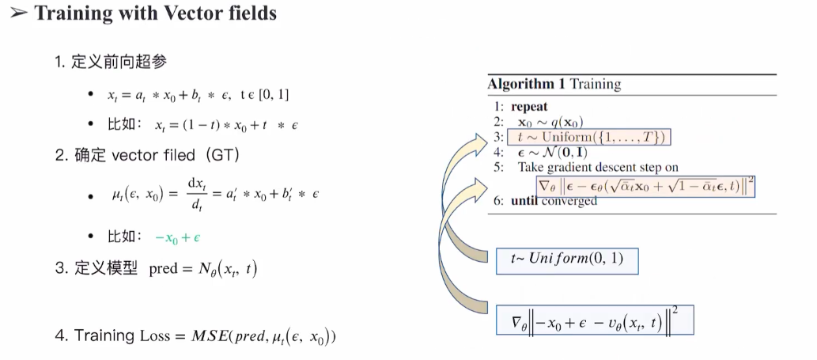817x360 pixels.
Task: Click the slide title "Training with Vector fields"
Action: coord(155,13)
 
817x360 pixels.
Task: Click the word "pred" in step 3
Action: coord(163,269)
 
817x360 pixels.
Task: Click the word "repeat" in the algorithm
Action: coord(529,107)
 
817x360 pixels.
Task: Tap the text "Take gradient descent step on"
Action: coord(598,167)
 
